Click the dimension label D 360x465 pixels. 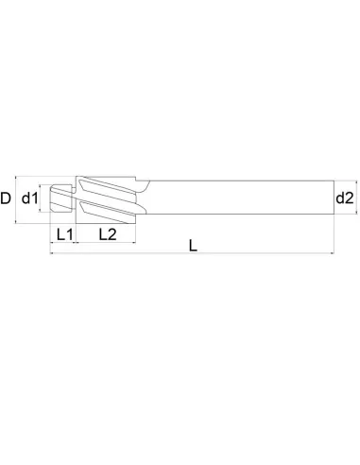7,198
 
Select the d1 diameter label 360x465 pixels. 29,198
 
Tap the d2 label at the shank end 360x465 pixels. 344,198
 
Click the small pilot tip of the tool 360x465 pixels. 63,198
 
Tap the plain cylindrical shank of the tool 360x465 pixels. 236,198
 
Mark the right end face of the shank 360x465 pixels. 334,198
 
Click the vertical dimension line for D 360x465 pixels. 18,198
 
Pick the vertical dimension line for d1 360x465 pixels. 42,198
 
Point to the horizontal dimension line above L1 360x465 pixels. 63,243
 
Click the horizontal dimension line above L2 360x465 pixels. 106,243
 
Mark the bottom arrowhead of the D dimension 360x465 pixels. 18,222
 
